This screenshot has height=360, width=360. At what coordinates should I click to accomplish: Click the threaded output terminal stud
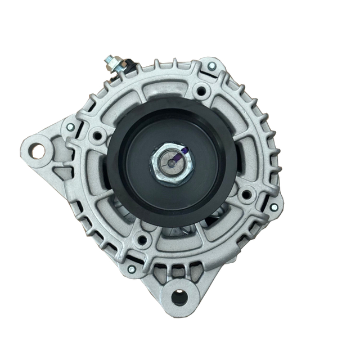[110, 61]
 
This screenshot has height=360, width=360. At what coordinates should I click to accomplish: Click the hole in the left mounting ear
[38, 150]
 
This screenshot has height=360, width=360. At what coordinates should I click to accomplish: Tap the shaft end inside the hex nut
[170, 163]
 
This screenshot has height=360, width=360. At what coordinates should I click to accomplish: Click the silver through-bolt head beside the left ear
[70, 128]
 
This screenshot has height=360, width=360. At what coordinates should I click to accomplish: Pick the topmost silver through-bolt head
[211, 66]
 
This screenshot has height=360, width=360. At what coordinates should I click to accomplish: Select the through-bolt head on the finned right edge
[274, 206]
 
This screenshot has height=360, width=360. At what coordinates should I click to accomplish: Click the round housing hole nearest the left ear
[99, 136]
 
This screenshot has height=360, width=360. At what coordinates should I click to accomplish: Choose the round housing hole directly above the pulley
[200, 89]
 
